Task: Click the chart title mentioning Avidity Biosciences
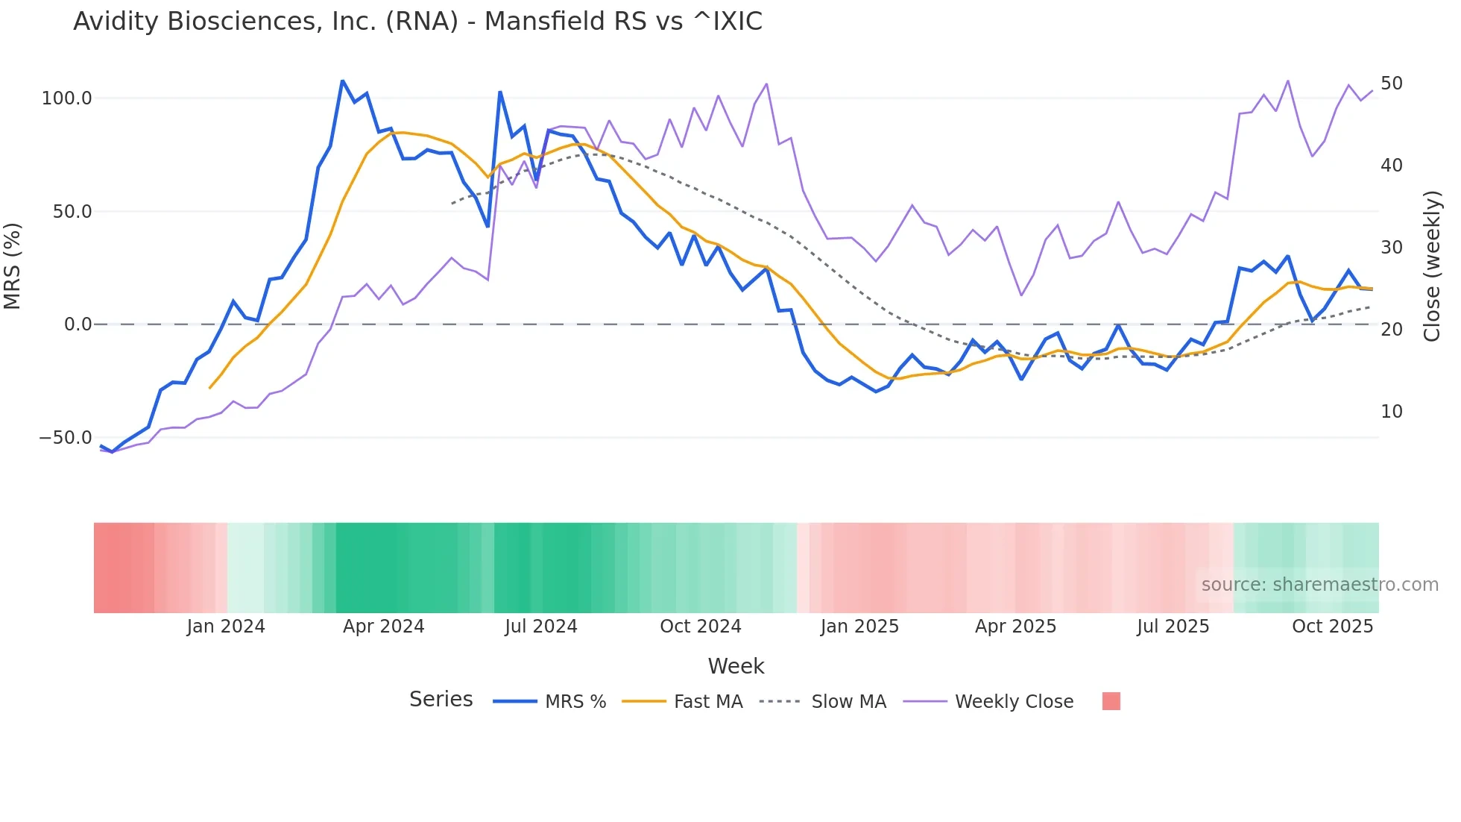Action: [x=417, y=22]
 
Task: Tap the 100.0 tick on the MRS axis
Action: [x=67, y=98]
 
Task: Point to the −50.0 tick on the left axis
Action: [x=66, y=438]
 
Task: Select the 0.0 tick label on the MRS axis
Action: [x=78, y=324]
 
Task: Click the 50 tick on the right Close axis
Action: [x=1391, y=84]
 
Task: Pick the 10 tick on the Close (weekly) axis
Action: [x=1391, y=412]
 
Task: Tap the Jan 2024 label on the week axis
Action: [x=225, y=627]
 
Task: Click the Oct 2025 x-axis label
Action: [x=1332, y=627]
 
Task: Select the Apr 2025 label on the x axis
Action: [x=1015, y=627]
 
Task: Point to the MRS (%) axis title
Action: [x=13, y=266]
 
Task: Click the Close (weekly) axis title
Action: [x=1432, y=266]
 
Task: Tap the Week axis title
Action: [x=736, y=666]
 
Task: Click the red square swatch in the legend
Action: [x=1111, y=701]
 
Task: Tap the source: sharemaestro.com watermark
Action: [x=1319, y=585]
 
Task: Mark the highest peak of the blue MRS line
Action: [x=342, y=81]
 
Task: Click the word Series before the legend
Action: [x=441, y=700]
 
